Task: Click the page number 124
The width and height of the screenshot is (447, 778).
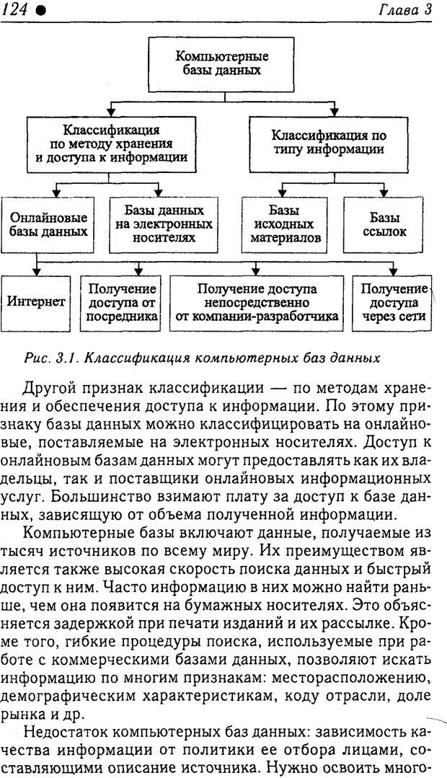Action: click(x=16, y=9)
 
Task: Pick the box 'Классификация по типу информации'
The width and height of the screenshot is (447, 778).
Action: click(x=328, y=143)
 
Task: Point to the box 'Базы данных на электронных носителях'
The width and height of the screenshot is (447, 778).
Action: click(x=164, y=224)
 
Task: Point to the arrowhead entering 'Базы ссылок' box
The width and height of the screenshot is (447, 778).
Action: click(x=384, y=193)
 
